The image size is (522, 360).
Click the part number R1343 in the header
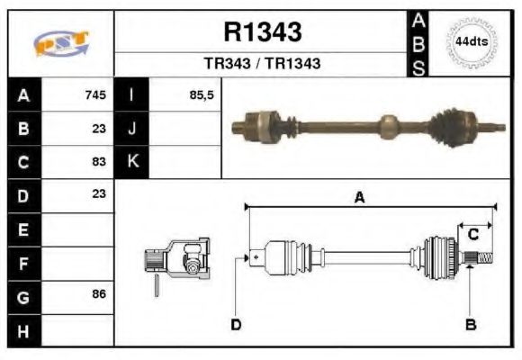(x=262, y=32)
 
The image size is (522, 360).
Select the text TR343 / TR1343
(x=262, y=64)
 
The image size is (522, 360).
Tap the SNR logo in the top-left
(x=61, y=43)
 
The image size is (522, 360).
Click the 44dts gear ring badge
(x=471, y=42)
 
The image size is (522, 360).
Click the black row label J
(x=132, y=128)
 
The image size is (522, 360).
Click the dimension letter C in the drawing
(x=472, y=235)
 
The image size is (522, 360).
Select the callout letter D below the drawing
(x=236, y=324)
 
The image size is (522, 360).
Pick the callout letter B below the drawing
(x=470, y=324)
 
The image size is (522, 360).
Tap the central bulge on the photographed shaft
(x=389, y=126)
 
